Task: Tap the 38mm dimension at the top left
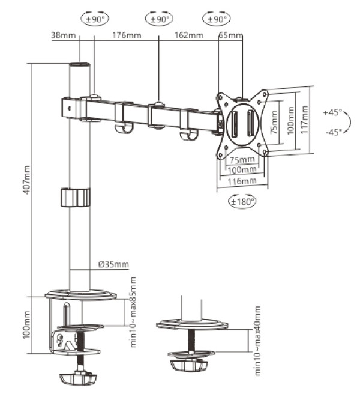(64, 36)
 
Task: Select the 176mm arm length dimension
(126, 36)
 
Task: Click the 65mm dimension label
(230, 36)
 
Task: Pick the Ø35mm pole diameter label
(113, 264)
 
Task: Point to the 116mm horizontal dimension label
(242, 180)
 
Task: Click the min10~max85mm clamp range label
(133, 312)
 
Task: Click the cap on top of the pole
(79, 64)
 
